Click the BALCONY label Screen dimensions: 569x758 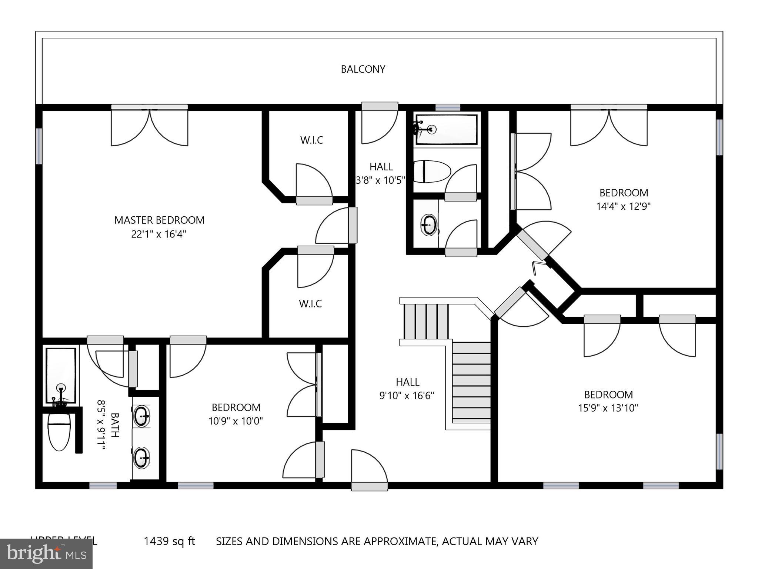(363, 69)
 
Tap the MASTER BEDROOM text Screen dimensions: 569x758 (159, 220)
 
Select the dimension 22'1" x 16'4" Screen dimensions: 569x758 (158, 234)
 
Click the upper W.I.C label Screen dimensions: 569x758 (311, 140)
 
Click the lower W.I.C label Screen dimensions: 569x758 (310, 304)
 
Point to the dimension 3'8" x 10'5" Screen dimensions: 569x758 (380, 180)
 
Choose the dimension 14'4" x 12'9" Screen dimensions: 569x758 (624, 206)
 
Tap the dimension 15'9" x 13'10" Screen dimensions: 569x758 (608, 408)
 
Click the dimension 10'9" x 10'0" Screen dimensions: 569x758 (236, 421)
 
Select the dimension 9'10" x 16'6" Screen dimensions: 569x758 (407, 396)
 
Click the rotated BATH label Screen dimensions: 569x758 (115, 425)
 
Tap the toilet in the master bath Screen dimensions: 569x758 (59, 432)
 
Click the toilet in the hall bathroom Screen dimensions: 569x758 (432, 172)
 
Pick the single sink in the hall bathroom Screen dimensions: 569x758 (429, 224)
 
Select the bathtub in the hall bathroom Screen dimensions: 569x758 (446, 130)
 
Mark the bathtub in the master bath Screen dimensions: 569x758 (61, 375)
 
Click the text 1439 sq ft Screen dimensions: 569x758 (169, 542)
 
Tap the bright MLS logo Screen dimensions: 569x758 (46, 554)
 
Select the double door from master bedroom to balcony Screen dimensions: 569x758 (150, 126)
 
